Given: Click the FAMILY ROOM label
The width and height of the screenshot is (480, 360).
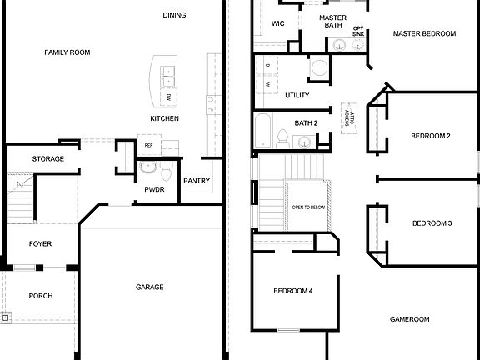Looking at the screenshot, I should point(67,52).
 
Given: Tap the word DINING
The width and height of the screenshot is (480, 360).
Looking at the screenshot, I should point(174,15).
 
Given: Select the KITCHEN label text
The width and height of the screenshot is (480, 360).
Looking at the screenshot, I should point(164,119).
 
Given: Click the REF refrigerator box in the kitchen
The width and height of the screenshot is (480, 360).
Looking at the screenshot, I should point(149,146).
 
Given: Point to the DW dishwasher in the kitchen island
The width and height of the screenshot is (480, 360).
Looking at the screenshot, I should point(167,97).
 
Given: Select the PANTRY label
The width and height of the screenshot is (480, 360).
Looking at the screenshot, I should point(197,181).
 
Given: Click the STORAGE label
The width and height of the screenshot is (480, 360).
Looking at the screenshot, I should point(48,159).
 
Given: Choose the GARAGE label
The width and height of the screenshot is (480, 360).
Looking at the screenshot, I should point(150,287).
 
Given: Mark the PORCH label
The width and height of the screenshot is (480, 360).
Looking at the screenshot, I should point(41,296).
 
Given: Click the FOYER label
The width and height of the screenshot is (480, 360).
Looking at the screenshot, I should point(40,244).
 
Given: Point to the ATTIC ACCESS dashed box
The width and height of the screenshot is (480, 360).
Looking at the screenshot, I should point(347,117).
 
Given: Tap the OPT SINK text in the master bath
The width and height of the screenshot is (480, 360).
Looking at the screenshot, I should point(358,32).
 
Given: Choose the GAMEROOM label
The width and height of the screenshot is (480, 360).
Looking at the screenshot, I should point(409,319).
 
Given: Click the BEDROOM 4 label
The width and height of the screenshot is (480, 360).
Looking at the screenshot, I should point(294,291).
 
